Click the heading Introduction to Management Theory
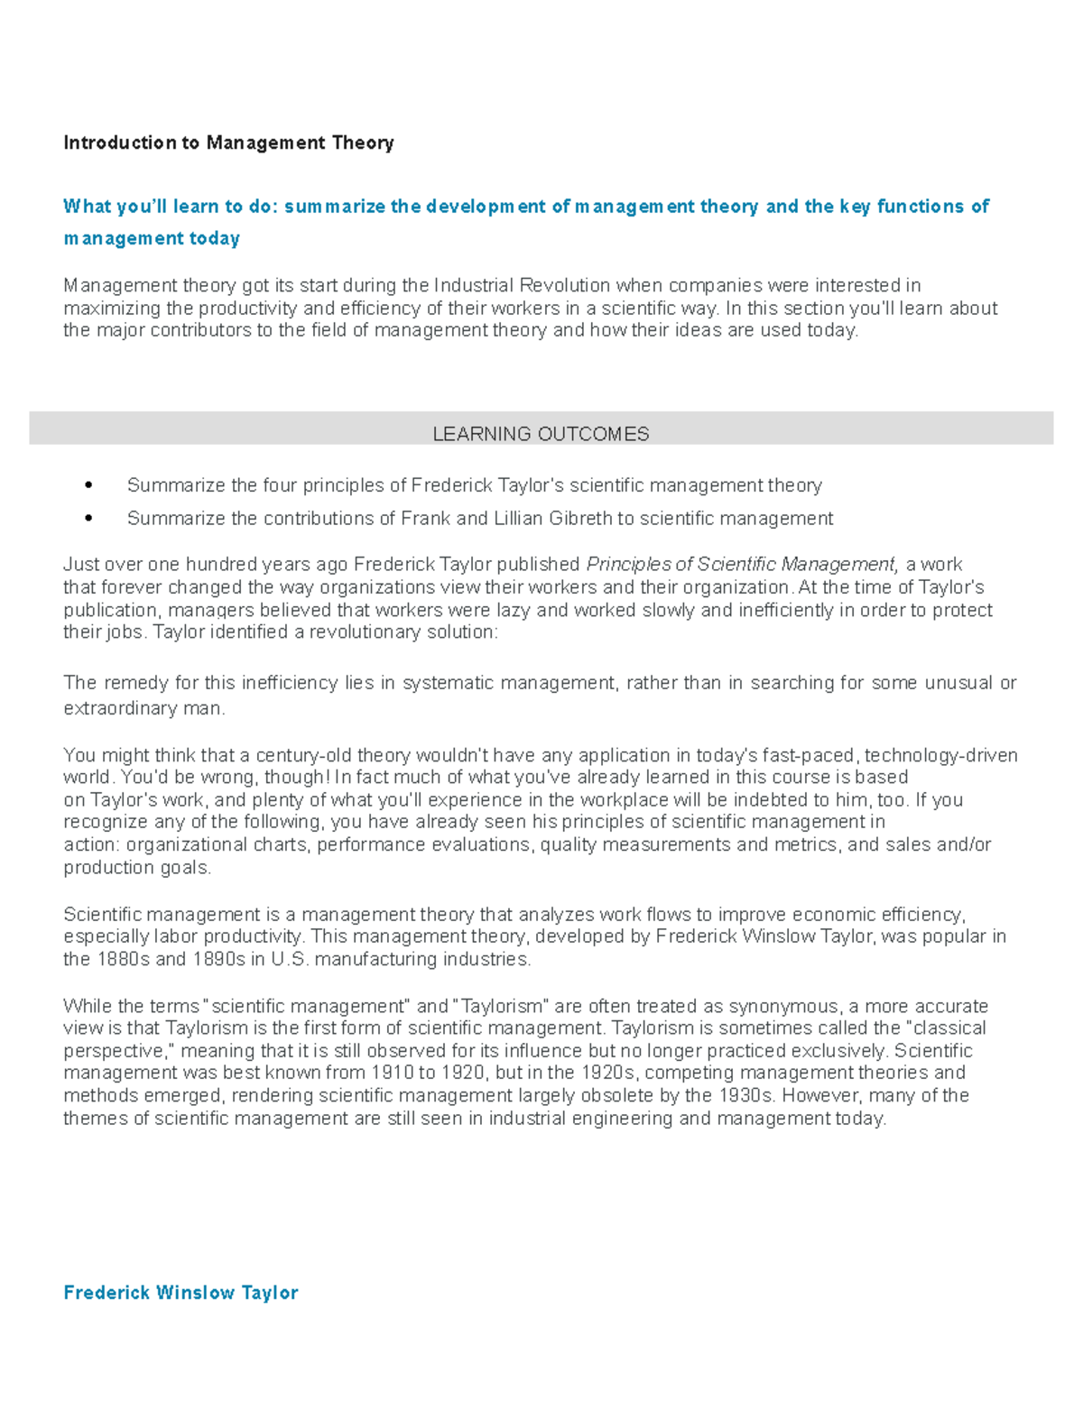tap(228, 143)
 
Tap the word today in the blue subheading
tap(214, 238)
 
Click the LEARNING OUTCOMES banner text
tap(541, 434)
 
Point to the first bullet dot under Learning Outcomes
tap(88, 485)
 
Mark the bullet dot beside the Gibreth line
tap(88, 519)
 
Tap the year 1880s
tap(123, 959)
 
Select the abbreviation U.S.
tap(290, 959)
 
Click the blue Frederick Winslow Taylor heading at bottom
tap(180, 1293)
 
